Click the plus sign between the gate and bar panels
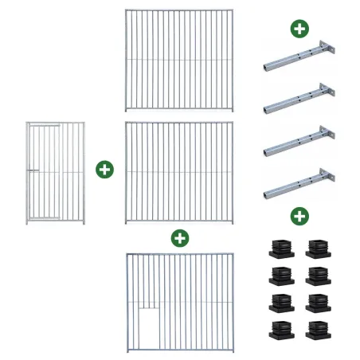[x=104, y=170]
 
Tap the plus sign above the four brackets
[x=299, y=29]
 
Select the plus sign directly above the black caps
[x=299, y=216]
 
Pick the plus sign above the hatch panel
[x=180, y=237]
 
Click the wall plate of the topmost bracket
[x=325, y=47]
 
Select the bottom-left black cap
[x=281, y=328]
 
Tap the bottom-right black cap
[x=317, y=328]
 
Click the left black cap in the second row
[x=281, y=276]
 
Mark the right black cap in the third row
[x=317, y=302]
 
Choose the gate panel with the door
[x=55, y=172]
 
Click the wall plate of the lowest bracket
[x=325, y=177]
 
